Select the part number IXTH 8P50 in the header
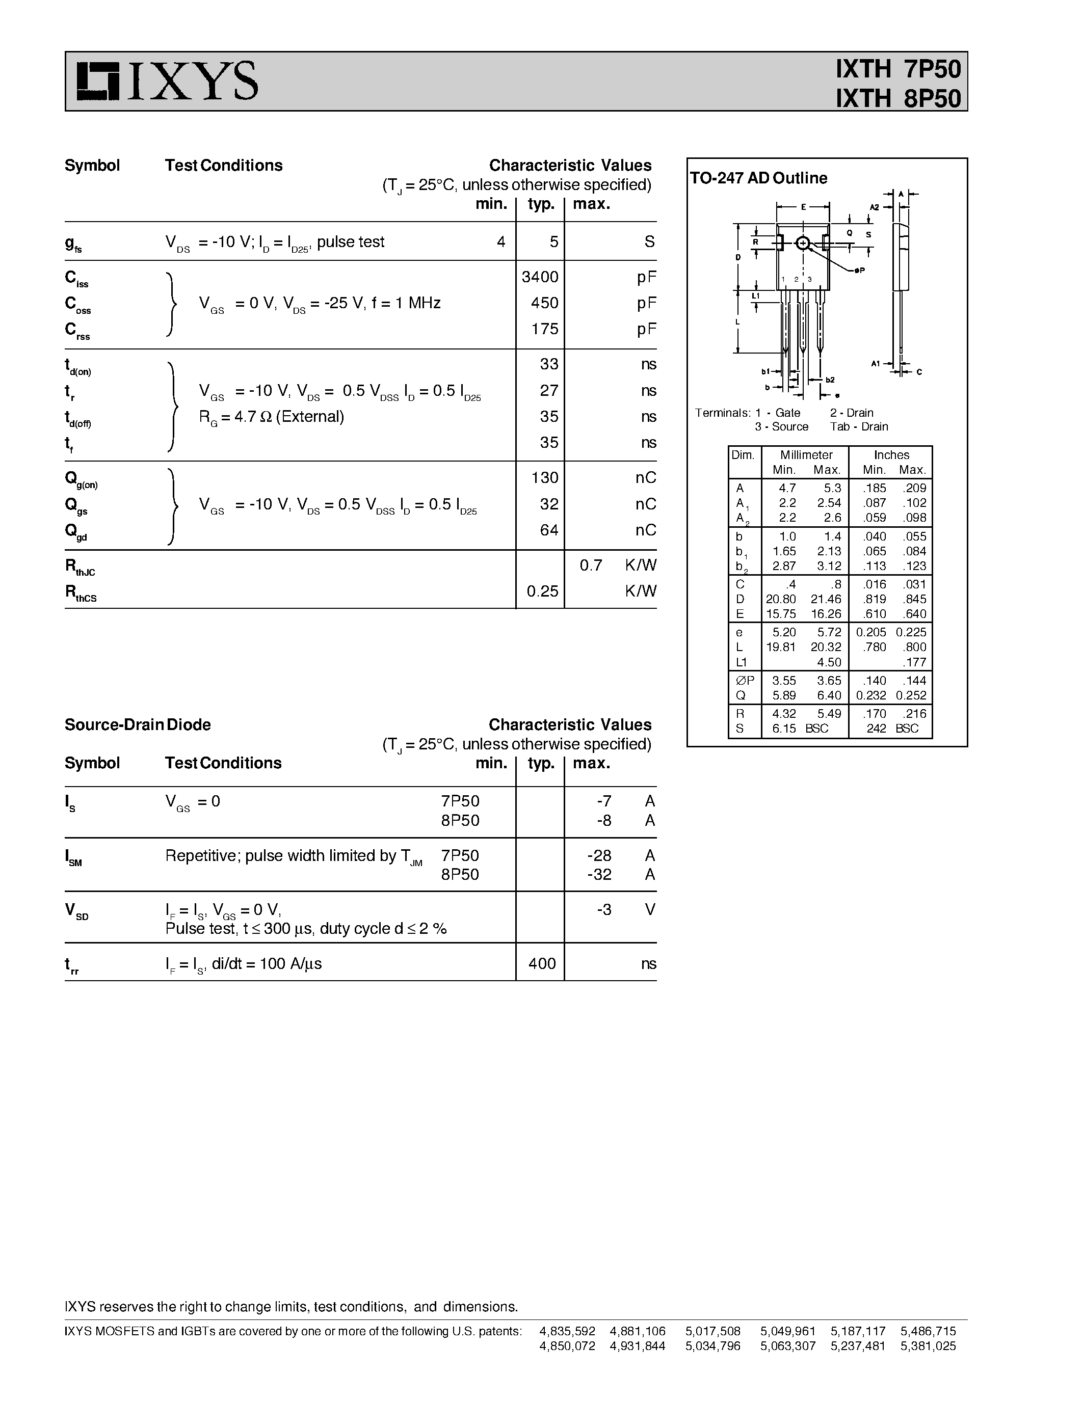tap(897, 99)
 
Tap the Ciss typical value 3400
tap(540, 277)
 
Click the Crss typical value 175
tap(544, 329)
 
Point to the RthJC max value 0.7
tap(590, 565)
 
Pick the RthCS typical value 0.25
tap(542, 591)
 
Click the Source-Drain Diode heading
tap(137, 725)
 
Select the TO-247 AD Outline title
tap(758, 178)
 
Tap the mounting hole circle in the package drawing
tap(802, 243)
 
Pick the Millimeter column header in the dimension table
tap(806, 455)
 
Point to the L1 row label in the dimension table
tap(741, 662)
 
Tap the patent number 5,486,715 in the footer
tap(928, 1331)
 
